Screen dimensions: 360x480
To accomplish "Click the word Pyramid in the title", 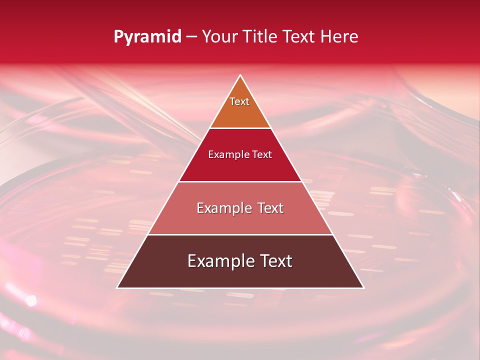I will [147, 37].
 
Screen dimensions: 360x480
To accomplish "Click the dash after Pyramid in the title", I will [191, 37].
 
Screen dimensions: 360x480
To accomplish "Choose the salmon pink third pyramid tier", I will [240, 220].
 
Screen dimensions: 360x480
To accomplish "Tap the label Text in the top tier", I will [239, 101].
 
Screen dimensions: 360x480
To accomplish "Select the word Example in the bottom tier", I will [217, 261].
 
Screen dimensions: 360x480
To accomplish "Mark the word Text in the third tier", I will [269, 208].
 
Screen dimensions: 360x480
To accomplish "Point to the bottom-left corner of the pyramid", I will [117, 288].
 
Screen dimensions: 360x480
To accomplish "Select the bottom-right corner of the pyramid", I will [363, 288].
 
